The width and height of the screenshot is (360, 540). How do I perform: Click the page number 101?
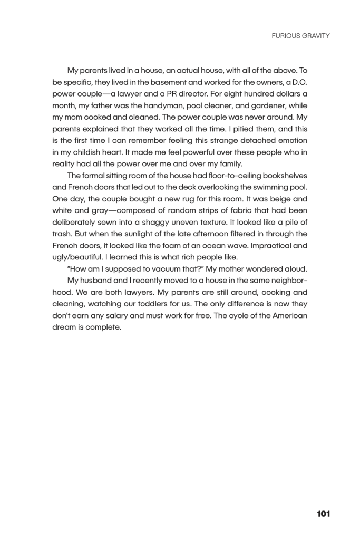click(x=324, y=514)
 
